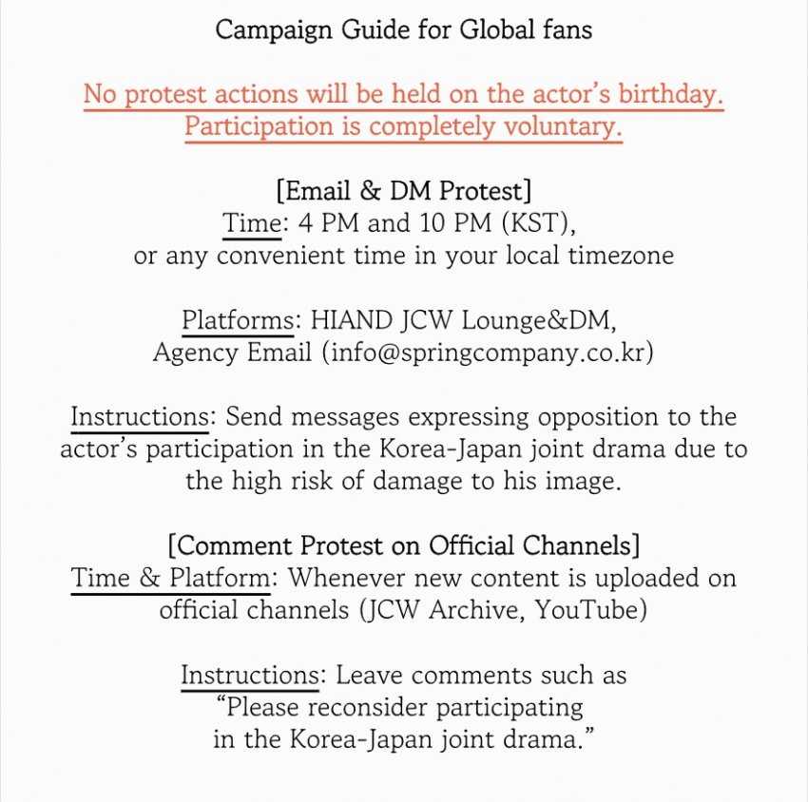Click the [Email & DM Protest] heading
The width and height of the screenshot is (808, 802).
(x=403, y=191)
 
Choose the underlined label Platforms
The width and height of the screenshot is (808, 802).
(x=237, y=320)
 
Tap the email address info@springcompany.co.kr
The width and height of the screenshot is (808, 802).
(x=488, y=353)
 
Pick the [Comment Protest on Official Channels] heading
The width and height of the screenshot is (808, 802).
(x=403, y=546)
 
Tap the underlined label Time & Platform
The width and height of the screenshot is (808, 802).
(x=169, y=578)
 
